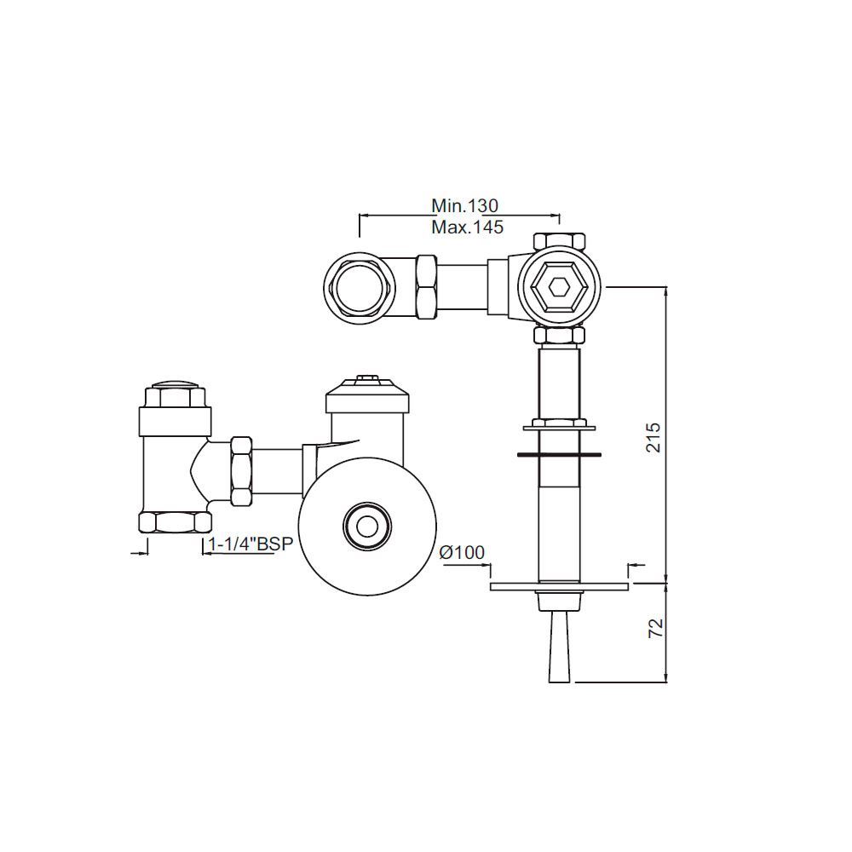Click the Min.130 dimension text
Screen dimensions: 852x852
pos(463,205)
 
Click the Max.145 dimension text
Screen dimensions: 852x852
pos(467,227)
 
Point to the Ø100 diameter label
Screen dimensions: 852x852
pos(462,553)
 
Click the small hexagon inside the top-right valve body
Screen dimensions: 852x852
pos(560,287)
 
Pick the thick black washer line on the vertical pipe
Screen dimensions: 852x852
pos(560,454)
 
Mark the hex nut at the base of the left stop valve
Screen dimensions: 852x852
pos(175,521)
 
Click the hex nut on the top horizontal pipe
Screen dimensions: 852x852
pos(426,287)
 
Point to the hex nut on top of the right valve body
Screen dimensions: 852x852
pos(559,240)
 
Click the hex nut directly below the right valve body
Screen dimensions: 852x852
pos(559,336)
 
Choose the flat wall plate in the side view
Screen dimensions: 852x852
pos(560,586)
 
